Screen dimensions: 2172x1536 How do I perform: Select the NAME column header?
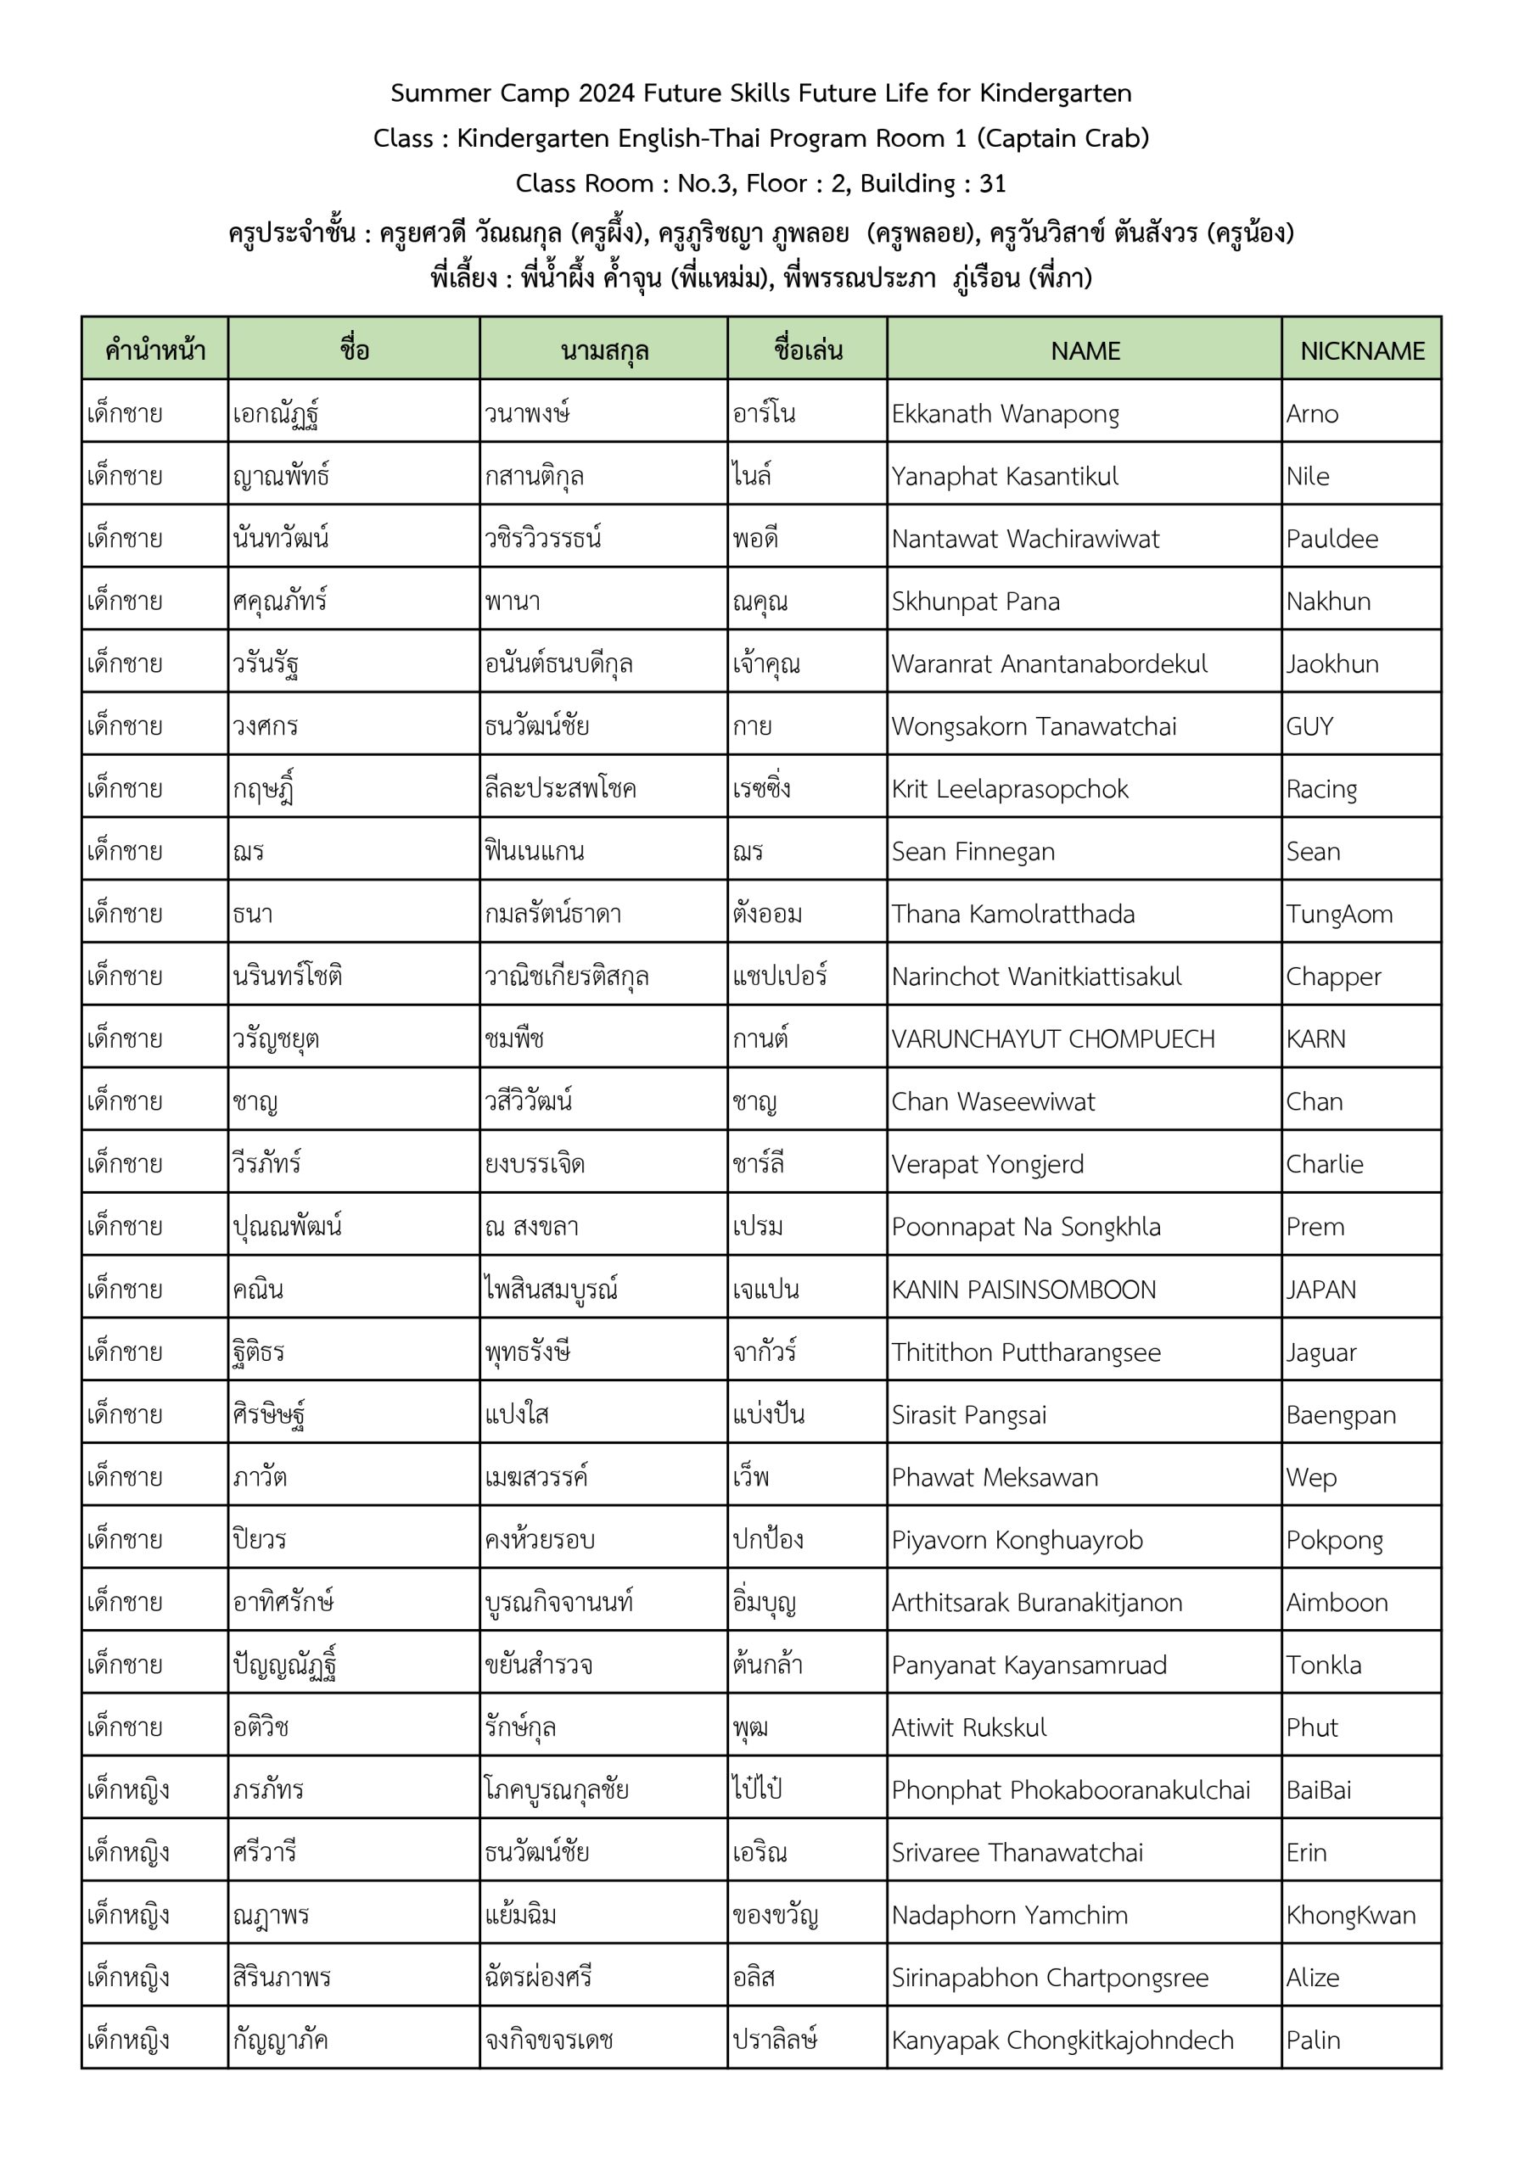[x=1085, y=351]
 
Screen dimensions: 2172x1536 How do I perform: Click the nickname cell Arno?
[x=1312, y=413]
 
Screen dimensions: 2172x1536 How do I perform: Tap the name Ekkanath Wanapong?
[x=1005, y=413]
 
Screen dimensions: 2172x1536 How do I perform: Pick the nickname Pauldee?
[x=1331, y=538]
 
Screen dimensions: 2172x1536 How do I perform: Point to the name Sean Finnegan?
[x=973, y=851]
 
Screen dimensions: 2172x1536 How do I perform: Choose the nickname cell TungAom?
[x=1338, y=914]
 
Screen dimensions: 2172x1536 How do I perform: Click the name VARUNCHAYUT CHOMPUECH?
[x=1052, y=1038]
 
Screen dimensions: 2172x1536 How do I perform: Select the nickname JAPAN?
[x=1320, y=1290]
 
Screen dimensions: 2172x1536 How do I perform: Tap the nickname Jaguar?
[x=1320, y=1352]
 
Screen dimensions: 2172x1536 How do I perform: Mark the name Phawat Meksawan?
[x=995, y=1476]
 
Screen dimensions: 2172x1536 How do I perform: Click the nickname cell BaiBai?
[x=1318, y=1790]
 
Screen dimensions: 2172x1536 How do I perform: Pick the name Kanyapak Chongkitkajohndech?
[x=1062, y=2040]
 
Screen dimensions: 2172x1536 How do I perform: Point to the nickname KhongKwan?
[x=1350, y=1915]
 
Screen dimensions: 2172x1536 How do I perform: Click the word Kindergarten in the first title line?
[x=1055, y=92]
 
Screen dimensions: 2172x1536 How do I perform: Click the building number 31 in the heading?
[x=992, y=182]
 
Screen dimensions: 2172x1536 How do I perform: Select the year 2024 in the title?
[x=607, y=92]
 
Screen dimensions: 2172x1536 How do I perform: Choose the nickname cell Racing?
[x=1321, y=789]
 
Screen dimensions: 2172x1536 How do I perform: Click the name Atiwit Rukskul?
[x=969, y=1727]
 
